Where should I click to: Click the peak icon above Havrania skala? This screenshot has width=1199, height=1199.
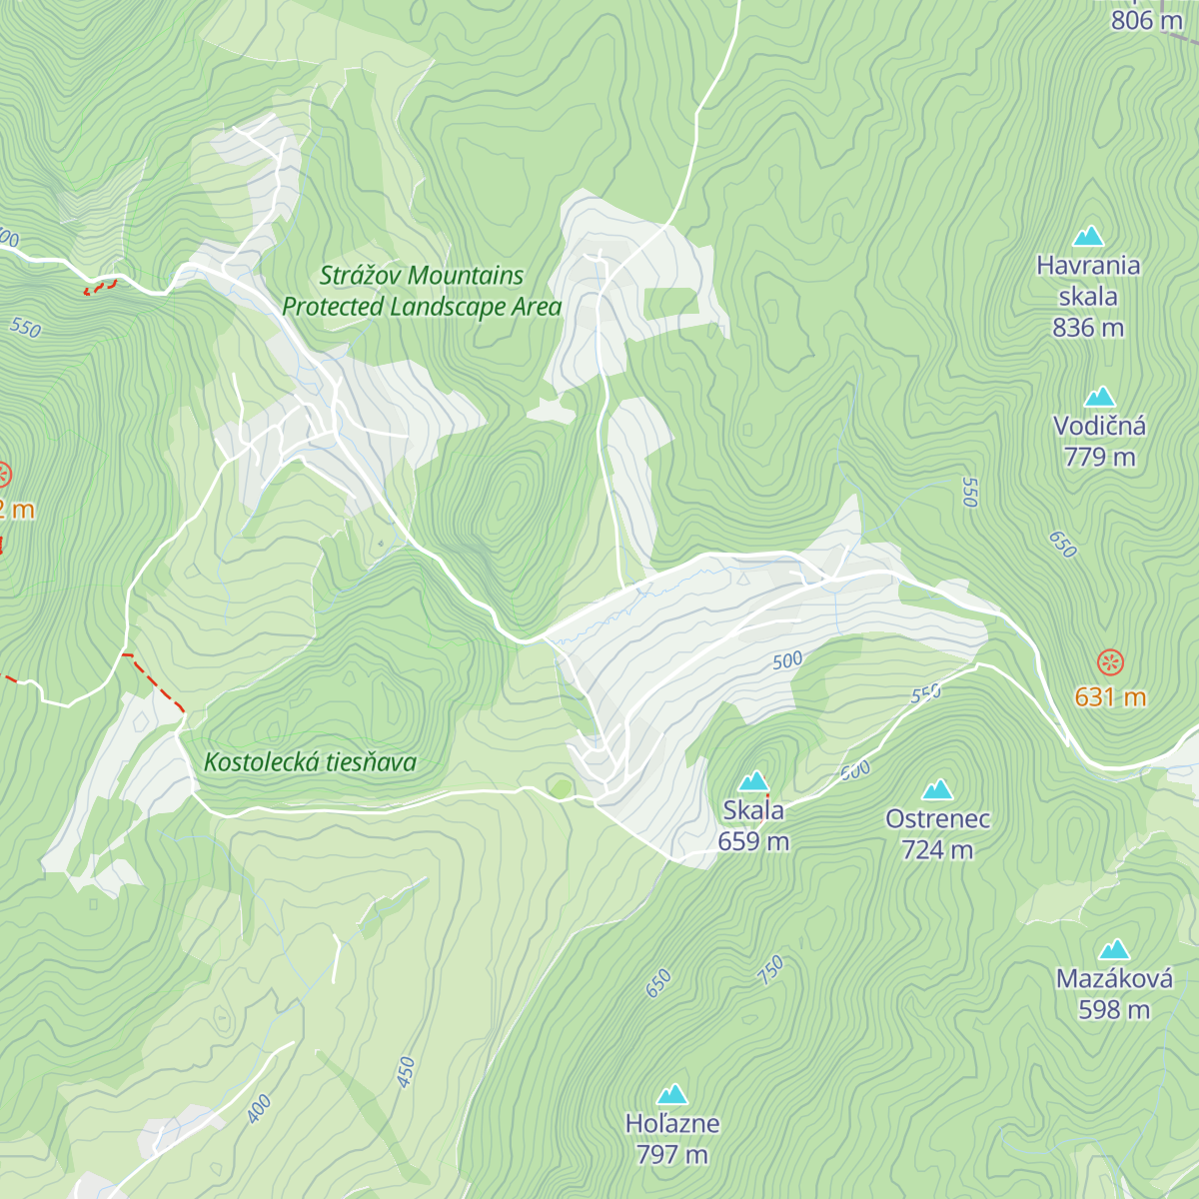coord(1087,237)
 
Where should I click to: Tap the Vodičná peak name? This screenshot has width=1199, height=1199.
coord(1099,426)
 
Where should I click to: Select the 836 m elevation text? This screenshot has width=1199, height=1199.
coord(1087,328)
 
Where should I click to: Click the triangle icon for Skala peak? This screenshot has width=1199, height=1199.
coord(753,780)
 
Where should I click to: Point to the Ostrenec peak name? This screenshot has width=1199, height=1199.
coord(937,819)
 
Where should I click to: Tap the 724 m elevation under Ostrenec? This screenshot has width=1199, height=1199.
coord(937,850)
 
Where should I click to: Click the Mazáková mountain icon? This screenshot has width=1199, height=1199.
coord(1114,949)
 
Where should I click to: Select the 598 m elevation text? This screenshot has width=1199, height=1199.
coord(1114,1010)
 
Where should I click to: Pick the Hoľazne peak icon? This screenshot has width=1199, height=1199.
coord(671,1094)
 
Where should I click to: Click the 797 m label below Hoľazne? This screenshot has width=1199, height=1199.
coord(671,1155)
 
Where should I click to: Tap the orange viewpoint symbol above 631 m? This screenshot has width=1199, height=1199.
coord(1110,661)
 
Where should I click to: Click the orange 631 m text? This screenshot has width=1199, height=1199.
coord(1110,696)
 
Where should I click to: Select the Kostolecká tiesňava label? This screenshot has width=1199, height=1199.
coord(310,762)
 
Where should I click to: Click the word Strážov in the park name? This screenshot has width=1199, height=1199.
coord(355,276)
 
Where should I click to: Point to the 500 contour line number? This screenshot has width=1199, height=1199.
coord(787,660)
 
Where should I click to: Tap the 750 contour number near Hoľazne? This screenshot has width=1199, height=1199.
coord(770,970)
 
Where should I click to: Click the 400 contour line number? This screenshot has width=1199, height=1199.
coord(259,1108)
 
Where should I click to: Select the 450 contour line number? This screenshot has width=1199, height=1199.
coord(405,1072)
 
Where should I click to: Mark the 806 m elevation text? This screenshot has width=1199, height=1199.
coord(1146,20)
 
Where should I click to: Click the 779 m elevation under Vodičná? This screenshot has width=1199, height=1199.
coord(1099,458)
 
